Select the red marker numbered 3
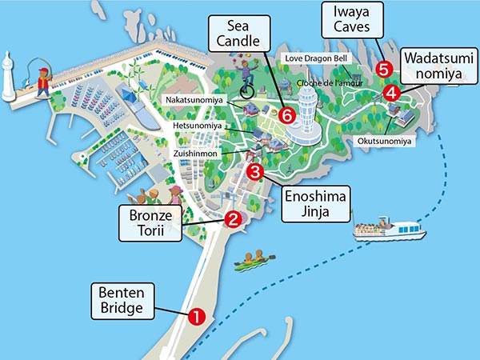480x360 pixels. (255, 171)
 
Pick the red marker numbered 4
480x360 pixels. (391, 93)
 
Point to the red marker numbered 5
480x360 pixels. (383, 69)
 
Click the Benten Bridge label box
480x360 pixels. (122, 299)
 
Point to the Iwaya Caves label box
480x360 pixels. (352, 21)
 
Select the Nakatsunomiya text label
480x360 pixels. (196, 100)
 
